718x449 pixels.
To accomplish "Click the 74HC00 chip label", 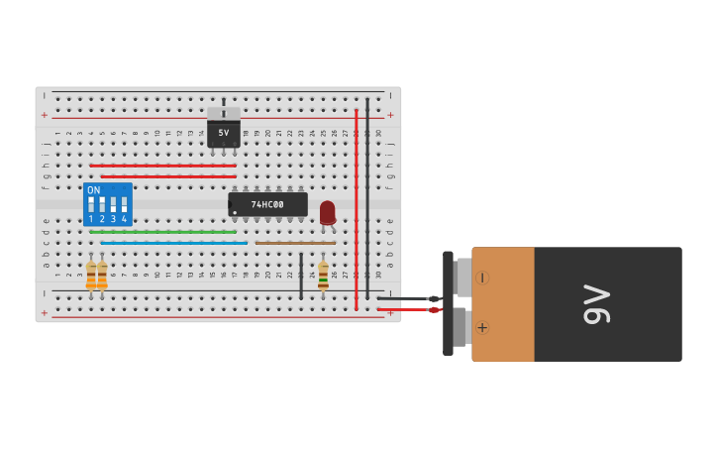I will pos(267,205).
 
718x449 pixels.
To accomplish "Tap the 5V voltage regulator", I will pos(224,132).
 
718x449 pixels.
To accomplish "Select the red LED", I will pos(327,212).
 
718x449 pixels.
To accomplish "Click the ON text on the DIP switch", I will pos(94,190).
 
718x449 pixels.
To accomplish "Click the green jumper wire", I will pos(163,232).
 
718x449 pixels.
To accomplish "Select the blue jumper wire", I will pos(173,243).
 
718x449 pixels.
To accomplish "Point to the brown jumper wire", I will pos(295,243).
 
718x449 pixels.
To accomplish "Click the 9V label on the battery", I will pos(596,304).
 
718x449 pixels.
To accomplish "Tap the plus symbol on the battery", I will pos(482,327).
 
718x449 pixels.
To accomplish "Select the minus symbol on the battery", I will pos(482,278).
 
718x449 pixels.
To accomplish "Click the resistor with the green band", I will pos(323,275).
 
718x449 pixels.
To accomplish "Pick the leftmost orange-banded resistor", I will pos(91,275).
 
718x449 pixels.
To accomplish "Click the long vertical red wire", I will pos(357,208).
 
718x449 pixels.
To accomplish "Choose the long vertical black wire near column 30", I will pos(367,198).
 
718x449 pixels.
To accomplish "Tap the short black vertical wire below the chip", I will pos(301,275).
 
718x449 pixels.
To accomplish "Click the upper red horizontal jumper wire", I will pos(163,166).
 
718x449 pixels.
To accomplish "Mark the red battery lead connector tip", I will pos(433,309).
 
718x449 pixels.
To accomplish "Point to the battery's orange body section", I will pos(503,304).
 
